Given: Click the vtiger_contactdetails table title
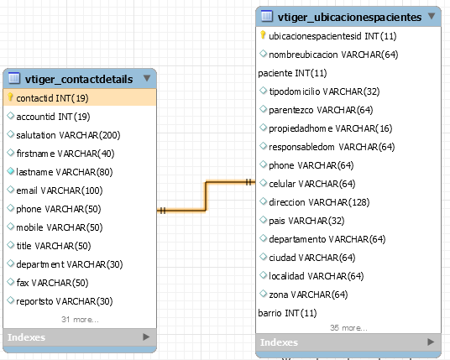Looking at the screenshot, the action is pyautogui.click(x=79, y=79).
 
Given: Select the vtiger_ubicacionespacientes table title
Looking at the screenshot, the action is pyautogui.click(x=349, y=18).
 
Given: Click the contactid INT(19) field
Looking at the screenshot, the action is pyautogui.click(x=52, y=98).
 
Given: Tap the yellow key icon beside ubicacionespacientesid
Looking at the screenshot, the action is pyautogui.click(x=263, y=35).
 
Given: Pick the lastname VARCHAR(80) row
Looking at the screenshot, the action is pyautogui.click(x=65, y=172).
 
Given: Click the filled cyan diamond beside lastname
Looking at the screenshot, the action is pyautogui.click(x=11, y=171).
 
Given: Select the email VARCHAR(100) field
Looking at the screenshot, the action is pyautogui.click(x=60, y=190).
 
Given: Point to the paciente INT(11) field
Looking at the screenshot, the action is pyautogui.click(x=292, y=73).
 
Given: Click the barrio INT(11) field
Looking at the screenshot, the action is pyautogui.click(x=287, y=313).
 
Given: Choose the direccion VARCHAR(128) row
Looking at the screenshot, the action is pyautogui.click(x=319, y=202).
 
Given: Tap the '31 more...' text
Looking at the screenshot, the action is pyautogui.click(x=80, y=320).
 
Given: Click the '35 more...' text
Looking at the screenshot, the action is pyautogui.click(x=348, y=328).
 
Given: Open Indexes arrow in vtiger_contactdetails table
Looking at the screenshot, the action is pyautogui.click(x=146, y=337).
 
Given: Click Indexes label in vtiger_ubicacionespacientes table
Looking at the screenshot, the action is pyautogui.click(x=279, y=342).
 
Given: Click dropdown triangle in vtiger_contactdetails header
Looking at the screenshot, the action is pyautogui.click(x=147, y=78).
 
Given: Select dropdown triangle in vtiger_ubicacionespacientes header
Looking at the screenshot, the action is pyautogui.click(x=432, y=16).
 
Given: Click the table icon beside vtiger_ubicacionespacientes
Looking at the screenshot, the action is pyautogui.click(x=267, y=16).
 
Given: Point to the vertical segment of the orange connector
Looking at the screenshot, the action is pyautogui.click(x=206, y=196).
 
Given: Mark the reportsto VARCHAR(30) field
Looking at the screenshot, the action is pyautogui.click(x=65, y=301).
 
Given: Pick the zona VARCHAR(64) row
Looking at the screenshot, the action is pyautogui.click(x=308, y=295).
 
